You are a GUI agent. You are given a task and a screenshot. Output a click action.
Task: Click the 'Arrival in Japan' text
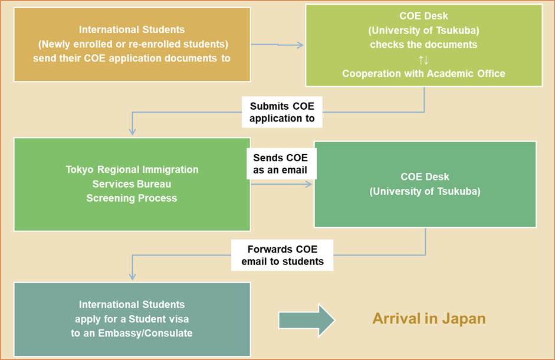(x=429, y=319)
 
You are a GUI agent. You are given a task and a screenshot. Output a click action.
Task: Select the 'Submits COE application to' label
(x=282, y=112)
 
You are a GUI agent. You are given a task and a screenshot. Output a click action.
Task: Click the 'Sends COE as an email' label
(x=281, y=164)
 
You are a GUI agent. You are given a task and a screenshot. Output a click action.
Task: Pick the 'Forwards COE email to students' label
(x=283, y=255)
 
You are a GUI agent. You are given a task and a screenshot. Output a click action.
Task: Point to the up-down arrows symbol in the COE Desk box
(x=424, y=59)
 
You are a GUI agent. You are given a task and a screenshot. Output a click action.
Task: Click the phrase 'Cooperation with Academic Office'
(x=424, y=73)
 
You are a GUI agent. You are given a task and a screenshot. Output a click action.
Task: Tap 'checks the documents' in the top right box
(x=424, y=44)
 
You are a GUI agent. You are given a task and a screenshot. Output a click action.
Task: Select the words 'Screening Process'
(x=132, y=198)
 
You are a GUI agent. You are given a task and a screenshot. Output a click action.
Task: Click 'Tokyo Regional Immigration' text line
(x=132, y=169)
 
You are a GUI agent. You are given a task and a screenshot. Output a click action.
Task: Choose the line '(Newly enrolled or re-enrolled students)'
(x=133, y=44)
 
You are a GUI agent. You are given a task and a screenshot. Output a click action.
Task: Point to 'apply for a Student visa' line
(x=132, y=319)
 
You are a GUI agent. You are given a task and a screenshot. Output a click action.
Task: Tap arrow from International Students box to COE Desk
(x=277, y=45)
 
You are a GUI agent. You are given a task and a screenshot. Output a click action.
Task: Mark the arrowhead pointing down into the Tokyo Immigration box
(x=132, y=131)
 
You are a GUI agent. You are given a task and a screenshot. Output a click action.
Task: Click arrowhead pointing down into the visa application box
(x=132, y=276)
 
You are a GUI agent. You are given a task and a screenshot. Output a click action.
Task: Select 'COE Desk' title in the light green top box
(x=424, y=15)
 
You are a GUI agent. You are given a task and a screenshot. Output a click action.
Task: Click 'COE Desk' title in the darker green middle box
(x=425, y=176)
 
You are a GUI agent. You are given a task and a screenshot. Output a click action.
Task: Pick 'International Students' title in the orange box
(x=132, y=30)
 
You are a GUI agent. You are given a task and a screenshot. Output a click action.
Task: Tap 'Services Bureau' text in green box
(x=132, y=184)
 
